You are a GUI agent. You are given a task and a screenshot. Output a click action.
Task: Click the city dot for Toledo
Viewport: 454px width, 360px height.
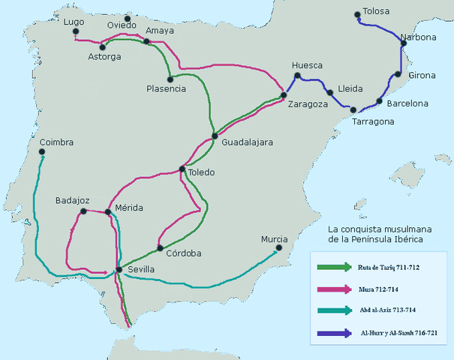(182, 169)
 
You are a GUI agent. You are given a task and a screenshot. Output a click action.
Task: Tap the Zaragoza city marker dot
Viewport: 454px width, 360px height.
(284, 95)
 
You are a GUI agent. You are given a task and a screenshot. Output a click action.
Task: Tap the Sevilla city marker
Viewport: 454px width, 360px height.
(119, 269)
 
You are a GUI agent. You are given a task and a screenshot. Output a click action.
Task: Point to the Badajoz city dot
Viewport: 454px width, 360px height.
(80, 212)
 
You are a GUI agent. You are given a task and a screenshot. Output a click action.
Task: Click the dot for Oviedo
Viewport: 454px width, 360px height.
(127, 18)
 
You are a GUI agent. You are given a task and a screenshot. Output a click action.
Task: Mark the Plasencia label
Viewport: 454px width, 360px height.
(166, 89)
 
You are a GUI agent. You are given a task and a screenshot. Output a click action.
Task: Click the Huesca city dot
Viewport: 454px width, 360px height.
(297, 76)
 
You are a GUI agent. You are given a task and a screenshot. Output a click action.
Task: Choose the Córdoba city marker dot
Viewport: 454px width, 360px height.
(159, 247)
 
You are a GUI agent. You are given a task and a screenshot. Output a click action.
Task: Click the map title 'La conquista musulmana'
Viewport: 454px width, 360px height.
(373, 228)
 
